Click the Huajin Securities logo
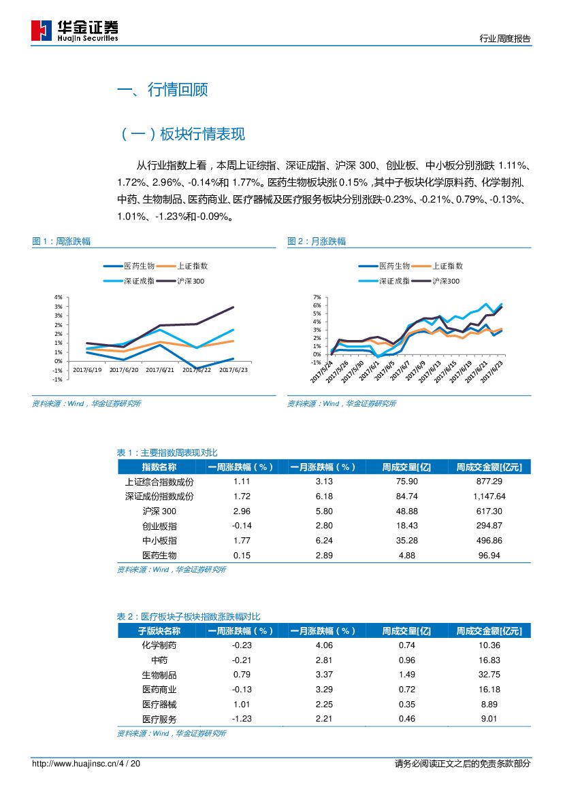pos(75,30)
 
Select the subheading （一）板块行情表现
pos(182,134)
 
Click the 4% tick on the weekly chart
pos(58,297)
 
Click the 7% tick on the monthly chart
pos(316,297)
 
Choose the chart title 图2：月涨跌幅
pos(317,241)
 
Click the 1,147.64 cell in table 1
pos(488,496)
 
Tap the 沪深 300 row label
pos(159,511)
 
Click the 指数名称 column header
pos(159,467)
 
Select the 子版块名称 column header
pos(159,631)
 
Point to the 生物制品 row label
pos(159,675)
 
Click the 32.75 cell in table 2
pos(489,675)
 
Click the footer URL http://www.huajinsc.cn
pos(74,764)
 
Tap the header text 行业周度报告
pos(504,39)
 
